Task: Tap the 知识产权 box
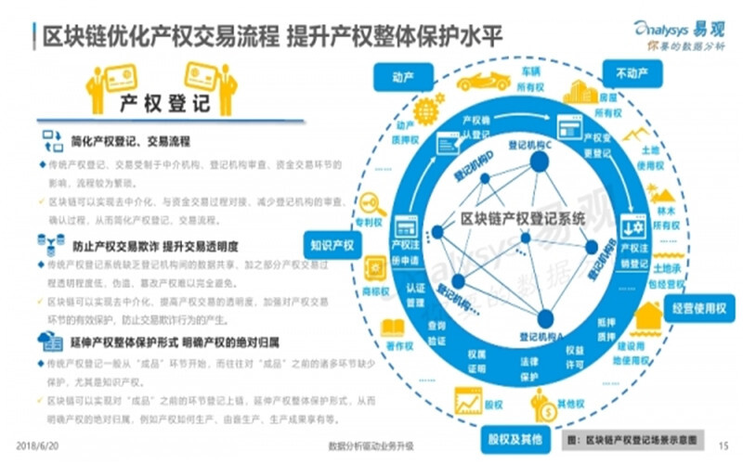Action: (x=332, y=246)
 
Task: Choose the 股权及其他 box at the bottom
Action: (x=510, y=437)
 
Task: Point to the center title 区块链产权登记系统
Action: (x=524, y=219)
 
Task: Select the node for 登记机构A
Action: (x=544, y=316)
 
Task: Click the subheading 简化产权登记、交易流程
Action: (x=130, y=144)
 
